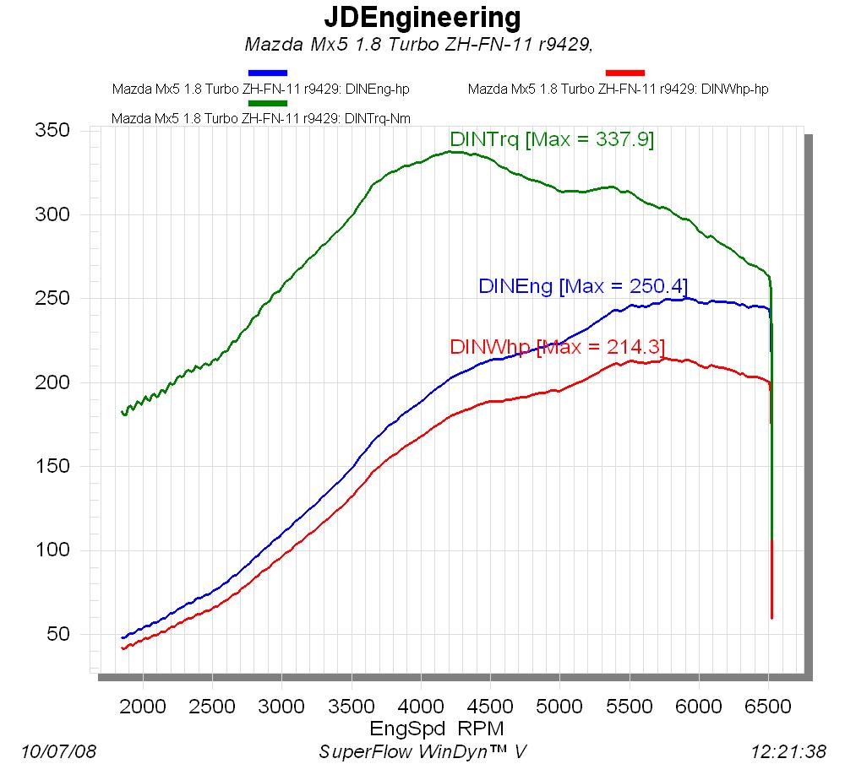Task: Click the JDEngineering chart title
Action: (x=422, y=17)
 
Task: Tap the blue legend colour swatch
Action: (x=268, y=73)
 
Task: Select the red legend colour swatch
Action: (x=625, y=73)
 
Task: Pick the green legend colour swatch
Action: (x=268, y=103)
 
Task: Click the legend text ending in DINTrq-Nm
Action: (x=261, y=118)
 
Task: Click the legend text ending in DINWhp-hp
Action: (x=618, y=89)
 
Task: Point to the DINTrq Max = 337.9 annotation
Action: (x=552, y=139)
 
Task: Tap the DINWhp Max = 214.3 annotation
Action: (x=558, y=347)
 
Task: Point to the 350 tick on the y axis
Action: (x=52, y=131)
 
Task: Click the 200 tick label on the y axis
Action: (x=52, y=382)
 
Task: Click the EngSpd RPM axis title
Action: (x=437, y=727)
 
